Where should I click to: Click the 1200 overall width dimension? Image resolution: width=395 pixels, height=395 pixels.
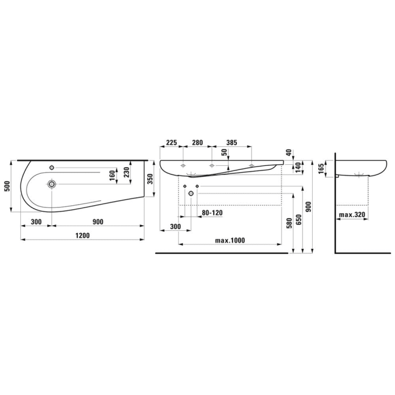click(x=82, y=235)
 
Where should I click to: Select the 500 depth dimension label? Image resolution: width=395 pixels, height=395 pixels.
click(x=7, y=186)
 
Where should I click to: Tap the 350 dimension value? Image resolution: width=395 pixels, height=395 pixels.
click(x=150, y=179)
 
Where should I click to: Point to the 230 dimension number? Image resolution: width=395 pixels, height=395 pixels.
click(x=127, y=172)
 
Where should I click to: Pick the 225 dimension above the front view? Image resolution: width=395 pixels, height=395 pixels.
click(x=172, y=143)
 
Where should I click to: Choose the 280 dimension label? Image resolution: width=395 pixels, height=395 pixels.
click(x=197, y=143)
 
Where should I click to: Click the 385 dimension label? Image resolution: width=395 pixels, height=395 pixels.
click(x=232, y=143)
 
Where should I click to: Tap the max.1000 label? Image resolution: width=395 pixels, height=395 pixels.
click(x=230, y=240)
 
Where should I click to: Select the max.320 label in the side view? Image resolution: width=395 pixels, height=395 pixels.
click(x=352, y=214)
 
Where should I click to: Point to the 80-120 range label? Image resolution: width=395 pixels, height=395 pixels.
click(x=212, y=213)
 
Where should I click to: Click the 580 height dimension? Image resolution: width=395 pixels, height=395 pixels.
click(x=289, y=223)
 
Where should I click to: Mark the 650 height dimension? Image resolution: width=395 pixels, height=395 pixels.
click(x=299, y=220)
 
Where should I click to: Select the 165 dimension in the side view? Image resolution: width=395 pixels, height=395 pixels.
click(x=321, y=169)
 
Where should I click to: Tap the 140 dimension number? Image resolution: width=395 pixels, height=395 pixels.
click(x=297, y=168)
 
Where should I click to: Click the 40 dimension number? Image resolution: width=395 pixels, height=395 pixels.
click(x=289, y=153)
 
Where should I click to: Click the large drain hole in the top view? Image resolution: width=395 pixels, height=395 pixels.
click(x=52, y=184)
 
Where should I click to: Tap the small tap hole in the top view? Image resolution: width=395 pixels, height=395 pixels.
click(x=52, y=168)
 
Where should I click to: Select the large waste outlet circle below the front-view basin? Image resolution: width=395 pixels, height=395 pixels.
click(x=191, y=194)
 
